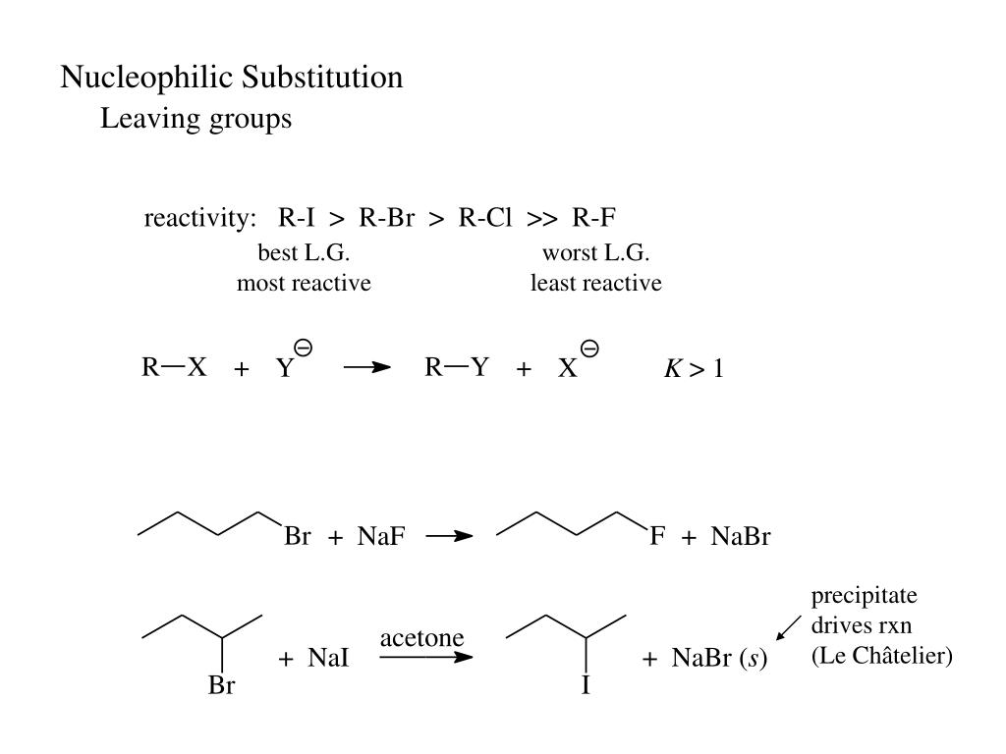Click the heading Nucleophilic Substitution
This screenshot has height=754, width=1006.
tap(232, 78)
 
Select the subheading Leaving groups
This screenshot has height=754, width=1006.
tap(196, 120)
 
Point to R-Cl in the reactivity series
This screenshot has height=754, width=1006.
tap(485, 218)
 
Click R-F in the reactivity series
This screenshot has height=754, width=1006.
tap(593, 218)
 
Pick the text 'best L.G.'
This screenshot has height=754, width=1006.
tap(305, 253)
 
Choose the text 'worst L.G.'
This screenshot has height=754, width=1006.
tap(596, 253)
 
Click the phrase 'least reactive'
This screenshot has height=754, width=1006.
tap(596, 284)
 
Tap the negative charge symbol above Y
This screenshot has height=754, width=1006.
tap(304, 348)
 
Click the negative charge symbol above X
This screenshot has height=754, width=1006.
tap(590, 348)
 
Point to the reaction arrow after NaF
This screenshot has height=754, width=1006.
tap(449, 537)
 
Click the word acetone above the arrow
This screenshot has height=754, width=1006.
tap(421, 638)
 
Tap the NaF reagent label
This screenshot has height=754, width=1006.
tap(381, 538)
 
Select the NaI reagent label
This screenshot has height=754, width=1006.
tap(328, 660)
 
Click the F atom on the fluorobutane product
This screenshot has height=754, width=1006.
tap(657, 538)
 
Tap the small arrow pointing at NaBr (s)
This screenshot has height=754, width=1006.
tap(788, 625)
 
